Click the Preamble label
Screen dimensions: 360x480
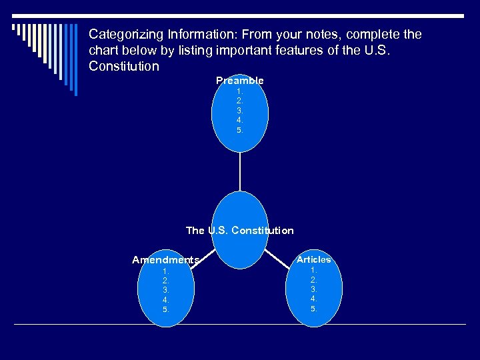[239, 81]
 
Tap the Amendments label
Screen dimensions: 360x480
[165, 260]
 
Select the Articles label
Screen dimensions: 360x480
[313, 259]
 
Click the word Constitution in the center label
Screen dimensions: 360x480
[260, 231]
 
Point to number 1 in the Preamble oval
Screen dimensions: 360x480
[239, 91]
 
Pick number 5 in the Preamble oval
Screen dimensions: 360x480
[239, 130]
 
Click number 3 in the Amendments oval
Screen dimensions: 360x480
[165, 290]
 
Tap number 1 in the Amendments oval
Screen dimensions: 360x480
[165, 271]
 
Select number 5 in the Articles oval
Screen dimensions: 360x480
[313, 309]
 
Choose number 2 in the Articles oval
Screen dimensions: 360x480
[313, 280]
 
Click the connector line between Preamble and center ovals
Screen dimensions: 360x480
[240, 171]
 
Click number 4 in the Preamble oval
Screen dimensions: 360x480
[239, 120]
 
